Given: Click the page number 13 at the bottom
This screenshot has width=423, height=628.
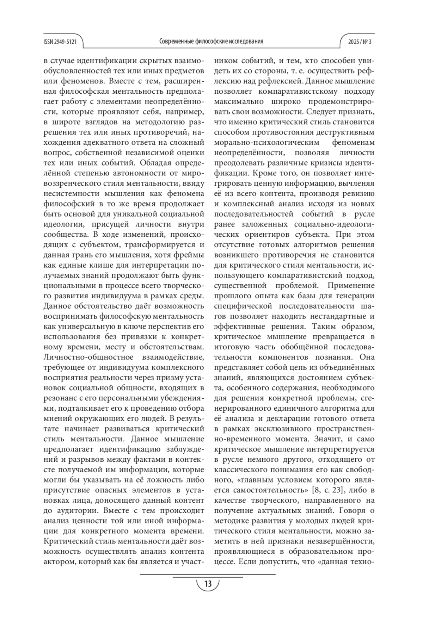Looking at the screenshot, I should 208,584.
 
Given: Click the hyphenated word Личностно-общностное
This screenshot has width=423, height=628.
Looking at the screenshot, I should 88,357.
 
